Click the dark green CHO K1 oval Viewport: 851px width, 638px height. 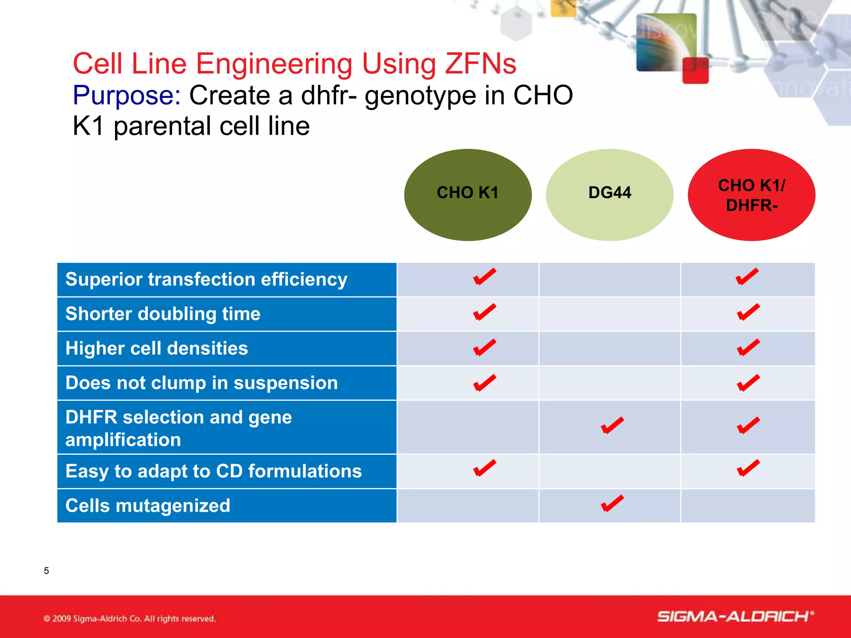tap(467, 194)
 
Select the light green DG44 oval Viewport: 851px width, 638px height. tap(610, 194)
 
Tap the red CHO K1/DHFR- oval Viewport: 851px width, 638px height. tap(751, 194)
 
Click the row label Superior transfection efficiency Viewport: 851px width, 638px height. tap(206, 279)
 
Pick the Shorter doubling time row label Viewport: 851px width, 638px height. tap(163, 314)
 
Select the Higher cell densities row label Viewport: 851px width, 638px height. tap(157, 348)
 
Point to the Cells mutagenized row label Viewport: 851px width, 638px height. tap(148, 505)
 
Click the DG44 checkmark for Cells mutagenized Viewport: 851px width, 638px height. tap(612, 503)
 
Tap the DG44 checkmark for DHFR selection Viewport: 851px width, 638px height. tap(612, 425)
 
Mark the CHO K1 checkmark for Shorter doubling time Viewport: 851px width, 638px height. tap(484, 312)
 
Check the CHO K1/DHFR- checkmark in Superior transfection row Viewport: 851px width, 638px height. tap(747, 277)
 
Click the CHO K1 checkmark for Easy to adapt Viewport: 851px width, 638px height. tap(484, 468)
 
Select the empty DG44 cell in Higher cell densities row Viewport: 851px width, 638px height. tap(609, 348)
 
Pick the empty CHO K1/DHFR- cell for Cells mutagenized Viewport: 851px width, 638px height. tap(748, 505)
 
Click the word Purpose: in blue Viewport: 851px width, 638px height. tap(127, 95)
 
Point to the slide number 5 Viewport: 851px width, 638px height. tap(46, 571)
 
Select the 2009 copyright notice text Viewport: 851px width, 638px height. tap(130, 618)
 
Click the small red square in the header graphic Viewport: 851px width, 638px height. tap(695, 71)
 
